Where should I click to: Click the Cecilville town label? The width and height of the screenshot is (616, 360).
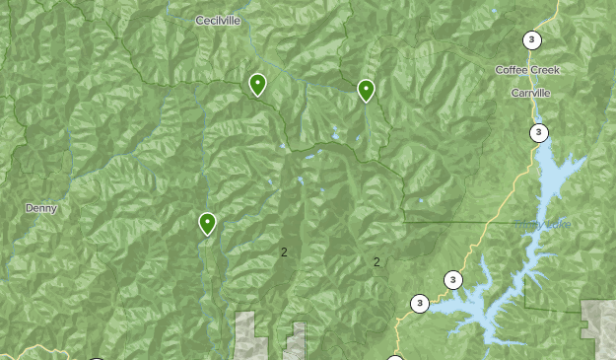[x=218, y=21]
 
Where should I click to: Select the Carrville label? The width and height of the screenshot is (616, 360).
[x=531, y=92]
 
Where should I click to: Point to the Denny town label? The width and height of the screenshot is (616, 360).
[x=41, y=208]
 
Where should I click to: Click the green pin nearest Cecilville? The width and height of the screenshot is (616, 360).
[x=257, y=85]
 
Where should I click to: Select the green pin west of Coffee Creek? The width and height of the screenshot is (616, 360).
[x=366, y=91]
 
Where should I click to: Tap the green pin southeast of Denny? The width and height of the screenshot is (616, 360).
[x=207, y=224]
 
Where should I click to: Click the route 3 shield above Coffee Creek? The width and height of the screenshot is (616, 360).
[x=532, y=40]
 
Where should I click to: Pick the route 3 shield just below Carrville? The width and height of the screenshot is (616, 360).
[x=539, y=133]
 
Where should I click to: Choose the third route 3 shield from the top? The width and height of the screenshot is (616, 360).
[x=452, y=280]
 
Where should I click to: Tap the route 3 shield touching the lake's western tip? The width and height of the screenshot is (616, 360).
[x=420, y=304]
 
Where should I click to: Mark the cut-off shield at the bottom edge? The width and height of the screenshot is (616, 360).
[x=395, y=357]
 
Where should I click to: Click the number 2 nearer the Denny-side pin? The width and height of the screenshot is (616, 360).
[x=284, y=252]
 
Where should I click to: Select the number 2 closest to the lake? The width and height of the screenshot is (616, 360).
[x=376, y=262]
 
